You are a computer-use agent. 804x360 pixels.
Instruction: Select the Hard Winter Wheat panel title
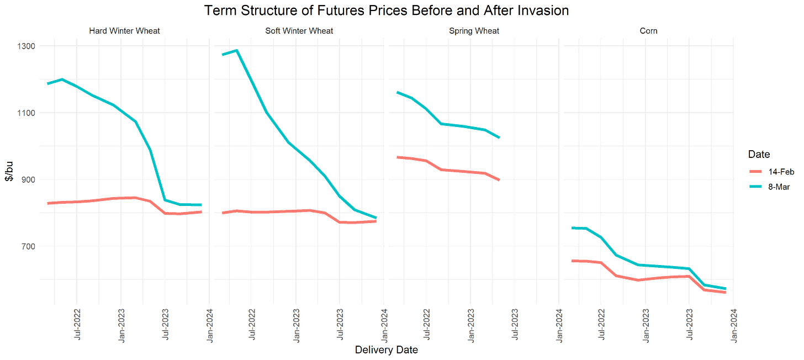pos(125,31)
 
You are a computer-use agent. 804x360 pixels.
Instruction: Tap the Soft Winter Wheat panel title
pos(299,31)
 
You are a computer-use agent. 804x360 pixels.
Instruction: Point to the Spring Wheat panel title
pos(474,31)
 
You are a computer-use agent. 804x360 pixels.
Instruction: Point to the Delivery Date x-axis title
pos(385,349)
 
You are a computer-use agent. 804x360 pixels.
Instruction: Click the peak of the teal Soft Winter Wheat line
pos(236,50)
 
